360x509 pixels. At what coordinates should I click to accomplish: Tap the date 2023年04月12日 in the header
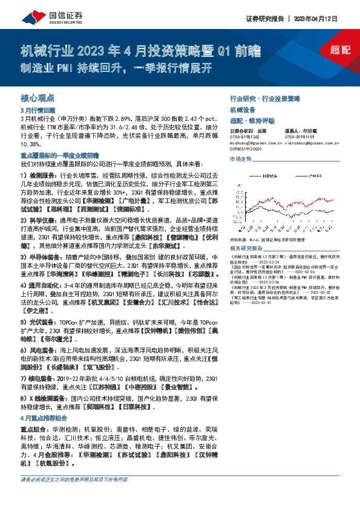point(333,18)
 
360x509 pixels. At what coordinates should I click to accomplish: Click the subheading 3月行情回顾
point(38,111)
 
